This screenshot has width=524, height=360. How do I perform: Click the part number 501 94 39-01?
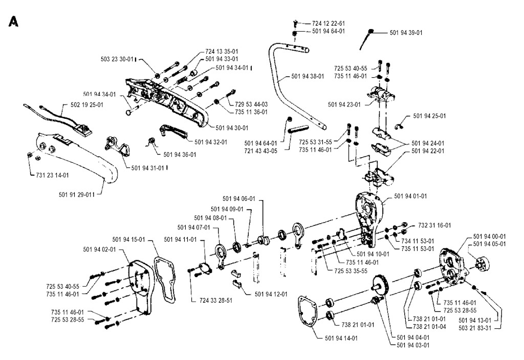pos(406,33)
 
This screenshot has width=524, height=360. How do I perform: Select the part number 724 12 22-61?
pos(328,23)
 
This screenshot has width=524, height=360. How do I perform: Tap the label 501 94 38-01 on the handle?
pos(308,76)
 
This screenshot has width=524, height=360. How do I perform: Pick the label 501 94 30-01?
pos(232,128)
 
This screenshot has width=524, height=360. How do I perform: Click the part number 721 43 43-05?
pos(261,150)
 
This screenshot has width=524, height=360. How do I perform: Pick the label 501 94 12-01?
pos(270,294)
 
